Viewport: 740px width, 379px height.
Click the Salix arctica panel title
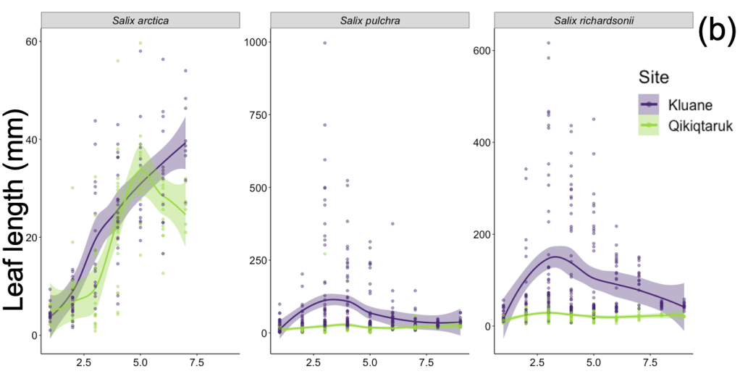140,20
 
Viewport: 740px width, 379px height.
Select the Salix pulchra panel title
369,20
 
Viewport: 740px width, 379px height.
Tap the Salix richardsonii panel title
595,20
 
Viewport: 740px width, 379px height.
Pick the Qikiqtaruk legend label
701,126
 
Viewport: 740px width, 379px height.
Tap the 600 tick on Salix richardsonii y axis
480,51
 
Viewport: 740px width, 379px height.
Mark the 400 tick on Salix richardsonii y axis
480,143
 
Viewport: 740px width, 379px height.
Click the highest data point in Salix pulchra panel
324,43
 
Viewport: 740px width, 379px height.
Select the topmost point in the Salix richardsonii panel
548,43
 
